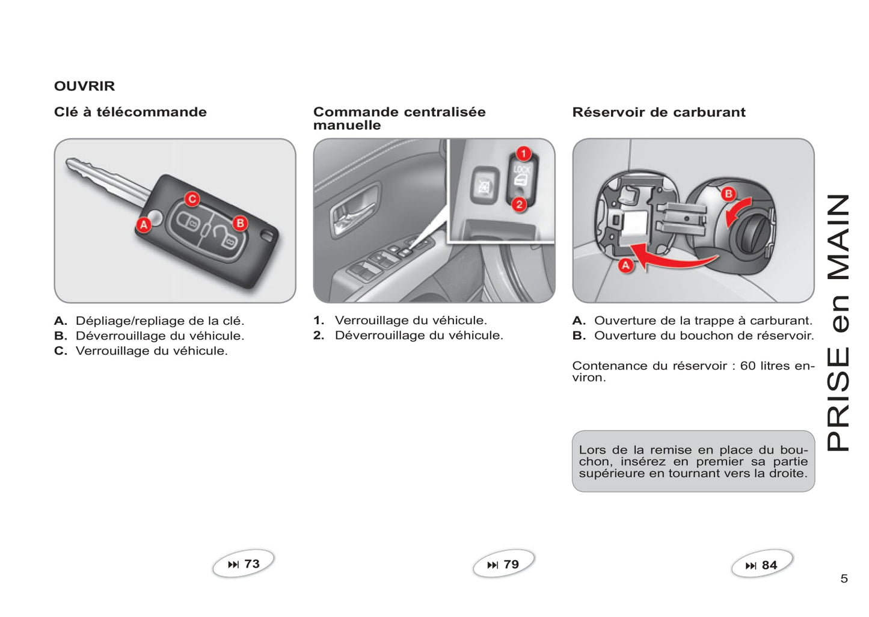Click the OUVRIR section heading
[x=84, y=86]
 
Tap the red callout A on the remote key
[x=144, y=225]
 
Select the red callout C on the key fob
[x=192, y=199]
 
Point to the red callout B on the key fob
[x=240, y=223]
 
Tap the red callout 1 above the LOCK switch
[x=523, y=153]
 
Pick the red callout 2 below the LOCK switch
[x=520, y=204]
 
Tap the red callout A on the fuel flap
[x=626, y=265]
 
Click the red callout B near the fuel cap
[x=728, y=194]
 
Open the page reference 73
[x=244, y=564]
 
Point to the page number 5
[x=844, y=579]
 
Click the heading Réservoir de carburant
[x=659, y=112]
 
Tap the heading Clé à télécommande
[x=130, y=112]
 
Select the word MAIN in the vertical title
[x=839, y=238]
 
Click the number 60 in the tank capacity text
[x=748, y=366]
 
